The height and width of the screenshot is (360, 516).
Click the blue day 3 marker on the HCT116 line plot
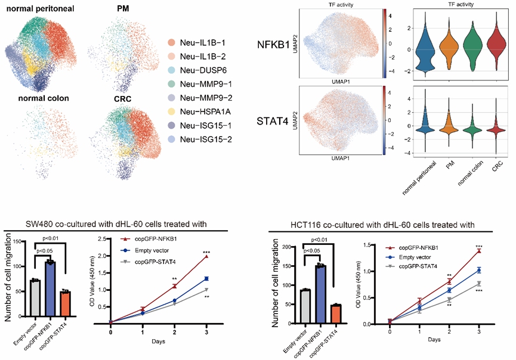tap(479, 270)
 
